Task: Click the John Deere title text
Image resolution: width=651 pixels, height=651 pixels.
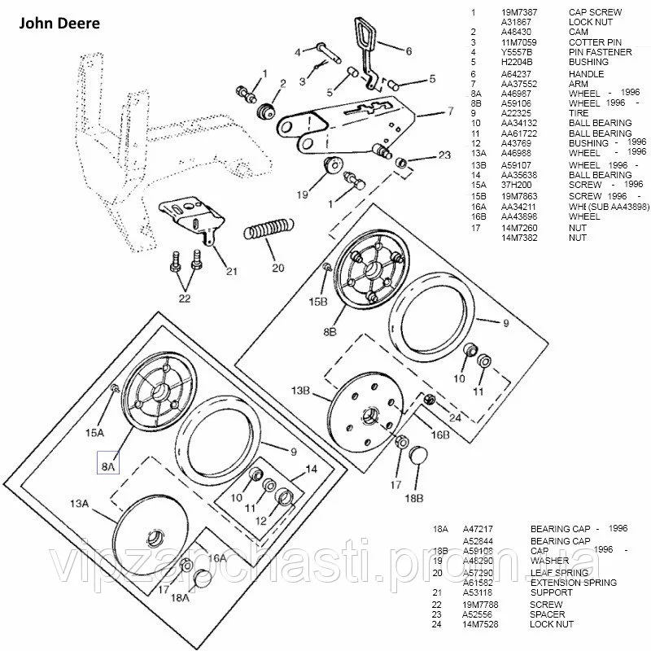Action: (55, 24)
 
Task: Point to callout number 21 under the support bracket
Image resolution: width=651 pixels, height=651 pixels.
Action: (232, 271)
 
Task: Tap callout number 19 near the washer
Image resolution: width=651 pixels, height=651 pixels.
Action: (303, 194)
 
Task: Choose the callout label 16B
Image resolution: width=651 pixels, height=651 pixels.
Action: (440, 435)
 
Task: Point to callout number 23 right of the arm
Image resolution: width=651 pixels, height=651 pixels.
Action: (443, 155)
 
